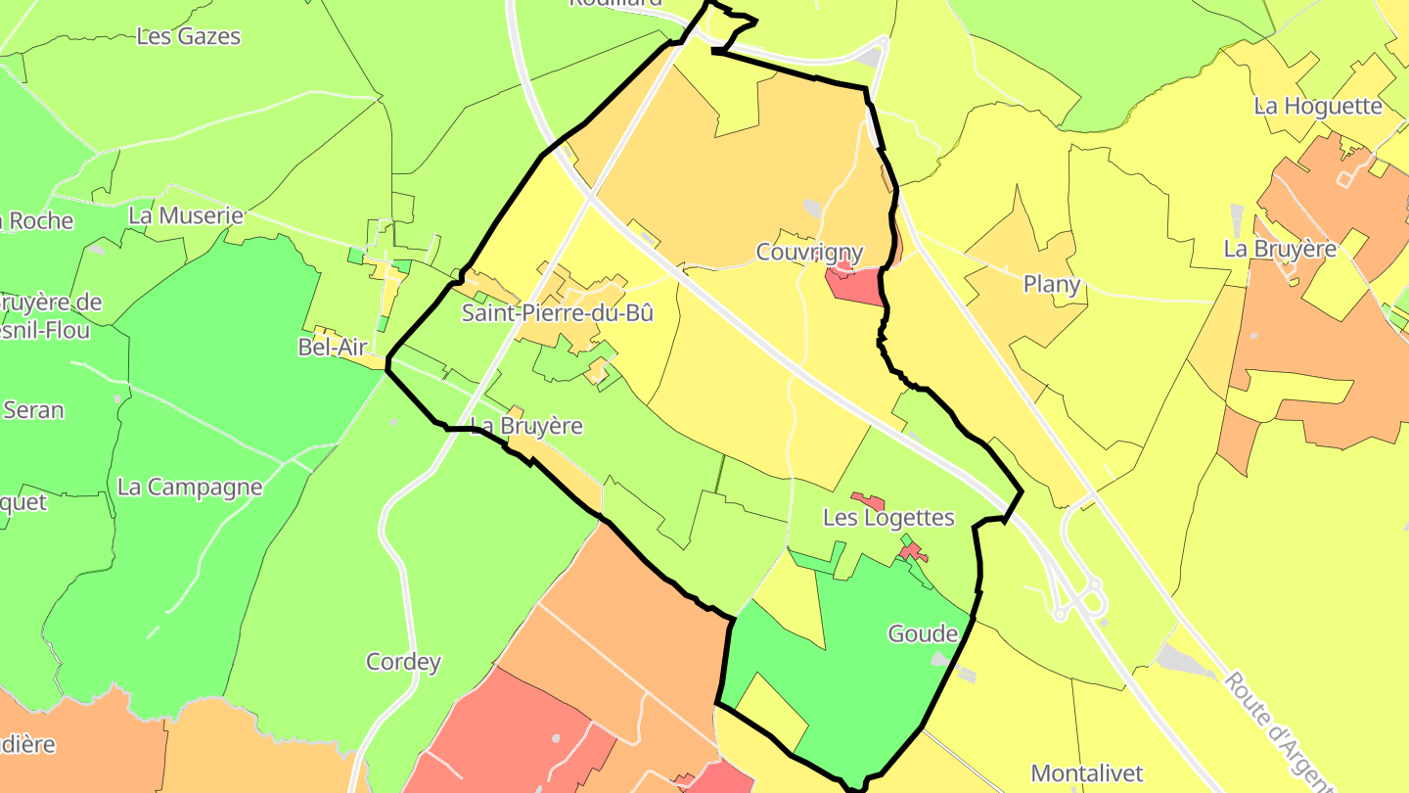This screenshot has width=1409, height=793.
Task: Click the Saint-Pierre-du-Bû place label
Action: (x=557, y=313)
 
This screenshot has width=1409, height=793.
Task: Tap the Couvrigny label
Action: (x=809, y=253)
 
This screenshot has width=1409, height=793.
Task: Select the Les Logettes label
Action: (x=888, y=517)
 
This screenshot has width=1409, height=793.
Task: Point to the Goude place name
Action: (x=923, y=633)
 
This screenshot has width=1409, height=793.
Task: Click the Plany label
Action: (x=1052, y=284)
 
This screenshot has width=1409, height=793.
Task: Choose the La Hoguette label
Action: (x=1318, y=106)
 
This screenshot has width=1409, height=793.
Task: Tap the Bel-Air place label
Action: (x=332, y=347)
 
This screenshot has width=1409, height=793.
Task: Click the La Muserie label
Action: (x=186, y=215)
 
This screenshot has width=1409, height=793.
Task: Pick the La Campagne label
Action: (x=190, y=487)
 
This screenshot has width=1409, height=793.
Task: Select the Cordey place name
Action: (x=403, y=662)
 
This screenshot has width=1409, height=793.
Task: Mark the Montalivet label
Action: (x=1087, y=773)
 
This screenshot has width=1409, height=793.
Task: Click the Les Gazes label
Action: (x=188, y=36)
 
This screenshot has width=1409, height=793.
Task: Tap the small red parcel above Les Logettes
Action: (x=868, y=501)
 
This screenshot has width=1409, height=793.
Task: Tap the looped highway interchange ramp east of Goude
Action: (x=1084, y=599)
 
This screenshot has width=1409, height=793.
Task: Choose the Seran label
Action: (x=33, y=409)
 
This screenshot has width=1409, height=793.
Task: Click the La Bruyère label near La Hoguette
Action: (x=1280, y=249)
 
